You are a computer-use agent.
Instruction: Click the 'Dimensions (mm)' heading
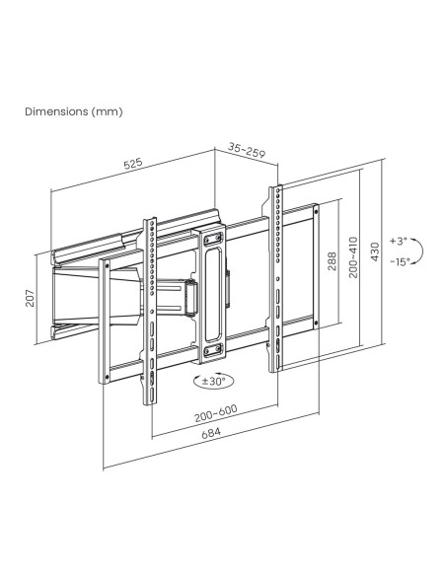(x=74, y=111)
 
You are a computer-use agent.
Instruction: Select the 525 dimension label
(x=132, y=164)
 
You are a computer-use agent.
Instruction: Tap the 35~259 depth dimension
(x=246, y=150)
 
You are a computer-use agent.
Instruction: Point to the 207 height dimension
(x=31, y=298)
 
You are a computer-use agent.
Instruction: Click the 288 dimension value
(x=332, y=260)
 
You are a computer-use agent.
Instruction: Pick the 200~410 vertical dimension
(x=353, y=256)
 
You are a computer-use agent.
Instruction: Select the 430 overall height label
(x=375, y=252)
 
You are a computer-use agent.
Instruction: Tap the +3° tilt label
(x=399, y=241)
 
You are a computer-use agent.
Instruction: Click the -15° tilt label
(x=400, y=262)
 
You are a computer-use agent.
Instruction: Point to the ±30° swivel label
(x=213, y=381)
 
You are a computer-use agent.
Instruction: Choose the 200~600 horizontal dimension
(x=216, y=413)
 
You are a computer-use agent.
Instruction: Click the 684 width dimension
(x=211, y=433)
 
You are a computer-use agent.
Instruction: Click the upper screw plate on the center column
(x=213, y=239)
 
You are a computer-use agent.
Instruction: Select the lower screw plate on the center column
(x=213, y=350)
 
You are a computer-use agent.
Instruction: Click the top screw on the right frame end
(x=316, y=211)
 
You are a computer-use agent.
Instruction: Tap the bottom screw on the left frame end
(x=107, y=377)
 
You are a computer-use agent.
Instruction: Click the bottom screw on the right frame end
(x=316, y=324)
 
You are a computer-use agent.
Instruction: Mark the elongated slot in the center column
(x=213, y=295)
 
